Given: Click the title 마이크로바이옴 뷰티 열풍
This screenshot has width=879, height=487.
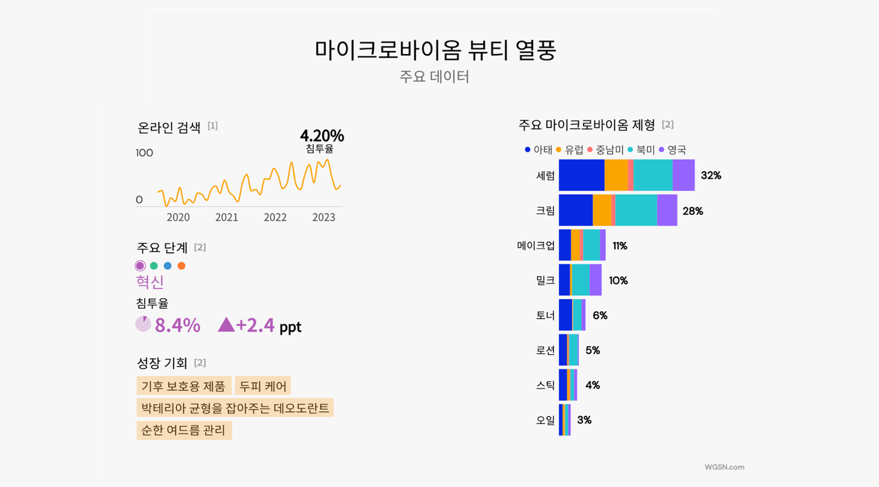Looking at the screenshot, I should click(x=435, y=50).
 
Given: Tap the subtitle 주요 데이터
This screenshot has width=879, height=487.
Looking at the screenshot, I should click(x=434, y=77).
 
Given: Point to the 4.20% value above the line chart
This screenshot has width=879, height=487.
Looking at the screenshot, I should click(x=322, y=136).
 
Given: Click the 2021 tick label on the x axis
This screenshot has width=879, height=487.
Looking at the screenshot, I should click(x=227, y=217).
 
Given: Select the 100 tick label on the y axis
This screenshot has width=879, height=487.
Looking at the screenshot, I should click(x=144, y=153).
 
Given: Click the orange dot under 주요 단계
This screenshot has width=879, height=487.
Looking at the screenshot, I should click(x=181, y=266).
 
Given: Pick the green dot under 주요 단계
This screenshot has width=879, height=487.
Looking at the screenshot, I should click(x=154, y=266).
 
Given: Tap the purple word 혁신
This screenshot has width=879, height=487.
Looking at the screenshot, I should click(x=150, y=282).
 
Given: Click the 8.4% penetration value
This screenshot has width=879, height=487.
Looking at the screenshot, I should click(x=178, y=326).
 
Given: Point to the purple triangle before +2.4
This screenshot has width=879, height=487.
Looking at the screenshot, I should click(x=226, y=325).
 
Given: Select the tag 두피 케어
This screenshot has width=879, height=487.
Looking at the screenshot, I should click(x=263, y=386).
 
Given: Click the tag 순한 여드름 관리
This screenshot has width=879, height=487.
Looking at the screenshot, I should click(x=184, y=430).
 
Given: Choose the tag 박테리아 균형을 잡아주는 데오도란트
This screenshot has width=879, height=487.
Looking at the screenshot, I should click(x=235, y=408).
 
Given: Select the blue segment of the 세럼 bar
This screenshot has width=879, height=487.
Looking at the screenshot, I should click(x=582, y=175).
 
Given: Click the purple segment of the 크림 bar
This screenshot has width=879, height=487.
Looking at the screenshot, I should click(x=667, y=210).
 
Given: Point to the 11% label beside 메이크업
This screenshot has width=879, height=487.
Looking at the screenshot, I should click(x=620, y=246).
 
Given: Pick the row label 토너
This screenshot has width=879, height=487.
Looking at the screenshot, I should click(x=545, y=315).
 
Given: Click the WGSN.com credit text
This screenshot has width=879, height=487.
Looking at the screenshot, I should click(x=724, y=467).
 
